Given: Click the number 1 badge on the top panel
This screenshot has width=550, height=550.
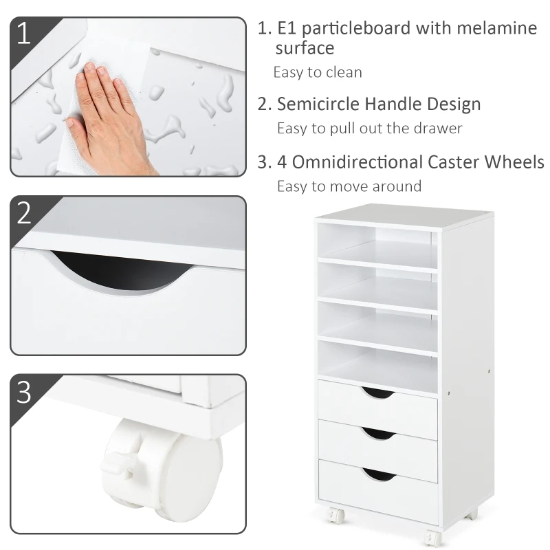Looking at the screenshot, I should [x=24, y=33].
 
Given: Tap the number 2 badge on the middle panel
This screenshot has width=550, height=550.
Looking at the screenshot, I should [x=24, y=212].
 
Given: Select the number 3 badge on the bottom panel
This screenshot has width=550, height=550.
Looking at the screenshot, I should [x=24, y=391].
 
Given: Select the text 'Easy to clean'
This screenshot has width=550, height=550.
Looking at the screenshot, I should [x=318, y=72].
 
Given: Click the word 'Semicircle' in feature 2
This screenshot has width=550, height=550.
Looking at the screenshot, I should [x=318, y=104].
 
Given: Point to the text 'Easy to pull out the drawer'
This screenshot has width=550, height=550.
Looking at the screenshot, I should [x=369, y=128].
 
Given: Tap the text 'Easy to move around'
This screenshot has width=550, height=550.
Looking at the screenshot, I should [x=349, y=186].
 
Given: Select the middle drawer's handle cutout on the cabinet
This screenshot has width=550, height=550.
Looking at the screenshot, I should [x=378, y=433].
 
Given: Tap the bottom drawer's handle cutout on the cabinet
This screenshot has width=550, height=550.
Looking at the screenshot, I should [x=378, y=474].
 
